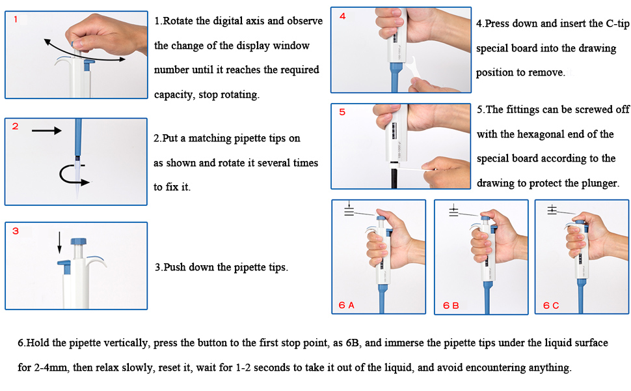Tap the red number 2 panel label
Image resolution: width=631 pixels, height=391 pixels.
(15, 126)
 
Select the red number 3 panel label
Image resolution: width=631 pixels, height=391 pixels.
(15, 231)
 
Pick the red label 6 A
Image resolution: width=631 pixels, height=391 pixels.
(347, 304)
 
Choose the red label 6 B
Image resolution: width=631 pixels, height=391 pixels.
(451, 304)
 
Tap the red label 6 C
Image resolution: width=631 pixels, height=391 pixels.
(552, 304)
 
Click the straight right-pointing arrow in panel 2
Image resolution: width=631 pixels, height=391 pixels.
(46, 131)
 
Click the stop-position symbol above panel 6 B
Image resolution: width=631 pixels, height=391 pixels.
(454, 210)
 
